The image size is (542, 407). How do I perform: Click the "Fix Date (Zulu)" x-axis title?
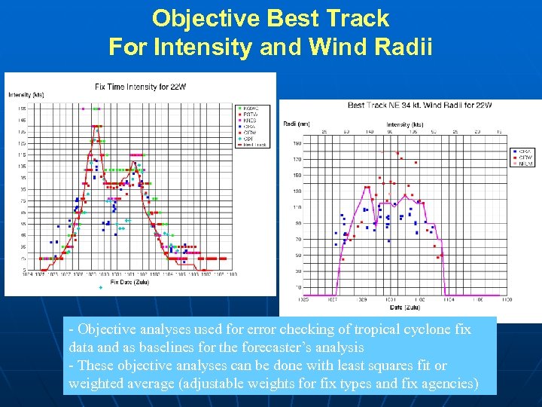pyautogui.click(x=129, y=283)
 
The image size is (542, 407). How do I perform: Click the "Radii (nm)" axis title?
pyautogui.click(x=297, y=124)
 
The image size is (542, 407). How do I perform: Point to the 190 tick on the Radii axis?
pyautogui.click(x=297, y=143)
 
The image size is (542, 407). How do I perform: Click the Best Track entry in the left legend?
pyautogui.click(x=254, y=144)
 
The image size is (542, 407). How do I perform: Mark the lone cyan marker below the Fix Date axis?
pyautogui.click(x=99, y=289)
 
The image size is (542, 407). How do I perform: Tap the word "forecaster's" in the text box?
pyautogui.click(x=280, y=348)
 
